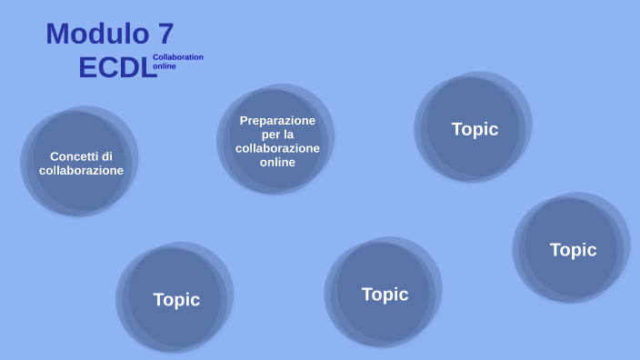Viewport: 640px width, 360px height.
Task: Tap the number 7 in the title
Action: (x=165, y=35)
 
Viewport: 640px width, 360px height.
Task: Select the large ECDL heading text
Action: (x=117, y=68)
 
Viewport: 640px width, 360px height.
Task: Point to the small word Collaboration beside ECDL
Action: (x=178, y=57)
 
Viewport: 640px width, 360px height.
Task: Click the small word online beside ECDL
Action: (x=165, y=66)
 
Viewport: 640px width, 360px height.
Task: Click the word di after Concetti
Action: (x=107, y=155)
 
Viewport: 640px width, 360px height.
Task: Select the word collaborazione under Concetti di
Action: (x=81, y=170)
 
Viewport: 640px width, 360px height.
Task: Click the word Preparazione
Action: (x=277, y=120)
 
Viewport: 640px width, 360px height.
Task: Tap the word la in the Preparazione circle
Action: (x=288, y=135)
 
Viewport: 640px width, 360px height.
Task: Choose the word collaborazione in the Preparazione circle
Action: (x=277, y=148)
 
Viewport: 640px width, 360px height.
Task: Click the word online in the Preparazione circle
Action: (x=277, y=163)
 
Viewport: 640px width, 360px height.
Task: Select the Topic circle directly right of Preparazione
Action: (x=475, y=129)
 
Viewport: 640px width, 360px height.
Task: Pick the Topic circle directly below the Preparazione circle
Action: (x=385, y=295)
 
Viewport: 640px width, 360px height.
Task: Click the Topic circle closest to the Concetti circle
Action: (x=176, y=299)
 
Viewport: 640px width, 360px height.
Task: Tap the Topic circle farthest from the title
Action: (x=573, y=249)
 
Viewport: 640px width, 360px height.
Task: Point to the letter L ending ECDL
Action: (x=148, y=68)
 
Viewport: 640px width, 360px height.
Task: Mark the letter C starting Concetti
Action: (x=55, y=155)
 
